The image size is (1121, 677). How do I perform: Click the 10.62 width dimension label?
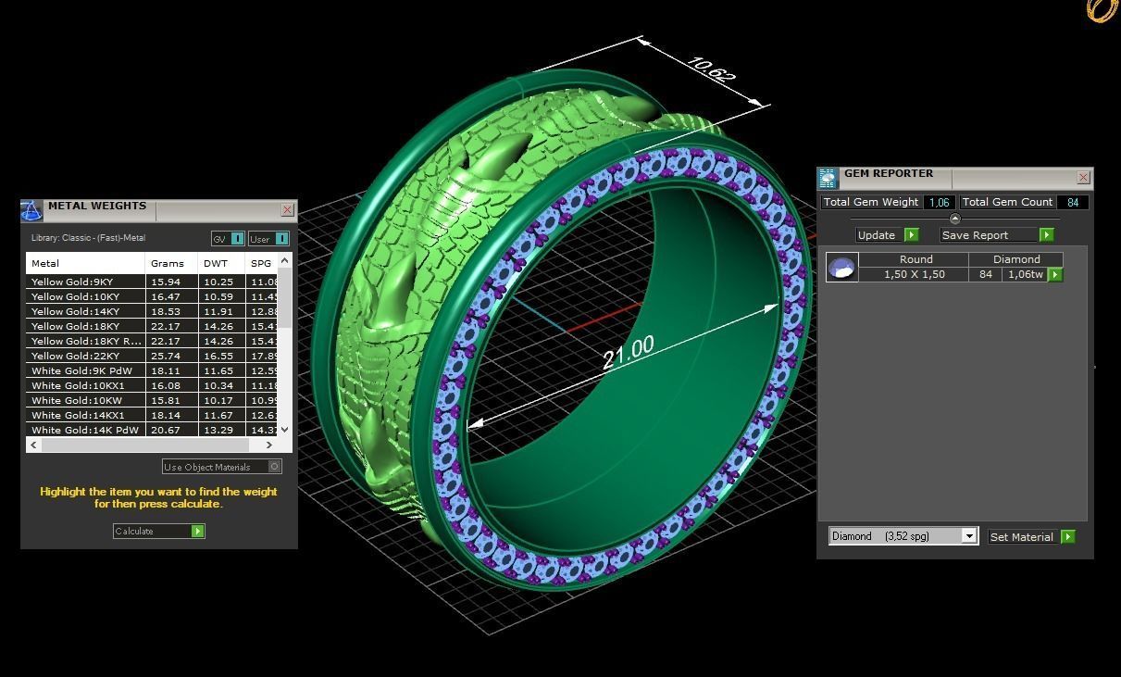(712, 70)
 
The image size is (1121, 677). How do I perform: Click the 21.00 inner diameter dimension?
(628, 352)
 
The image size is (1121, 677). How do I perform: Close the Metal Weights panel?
(287, 210)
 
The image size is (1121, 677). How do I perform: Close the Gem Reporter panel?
(1083, 177)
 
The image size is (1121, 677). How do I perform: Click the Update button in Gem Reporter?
(887, 235)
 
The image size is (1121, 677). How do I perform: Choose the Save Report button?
(997, 235)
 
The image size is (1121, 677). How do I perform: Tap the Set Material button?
(1031, 536)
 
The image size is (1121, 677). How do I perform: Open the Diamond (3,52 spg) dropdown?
(968, 536)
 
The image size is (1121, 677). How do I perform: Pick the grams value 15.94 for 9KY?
(166, 282)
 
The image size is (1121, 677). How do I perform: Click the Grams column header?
(168, 263)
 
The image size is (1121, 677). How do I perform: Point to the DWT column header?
(215, 263)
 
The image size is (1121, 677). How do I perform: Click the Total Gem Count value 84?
(1073, 202)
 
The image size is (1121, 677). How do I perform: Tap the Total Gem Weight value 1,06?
(939, 202)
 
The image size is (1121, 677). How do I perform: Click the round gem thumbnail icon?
(841, 268)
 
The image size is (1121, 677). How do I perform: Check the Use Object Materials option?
(275, 467)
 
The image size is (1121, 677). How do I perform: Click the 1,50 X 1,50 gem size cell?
(914, 274)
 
